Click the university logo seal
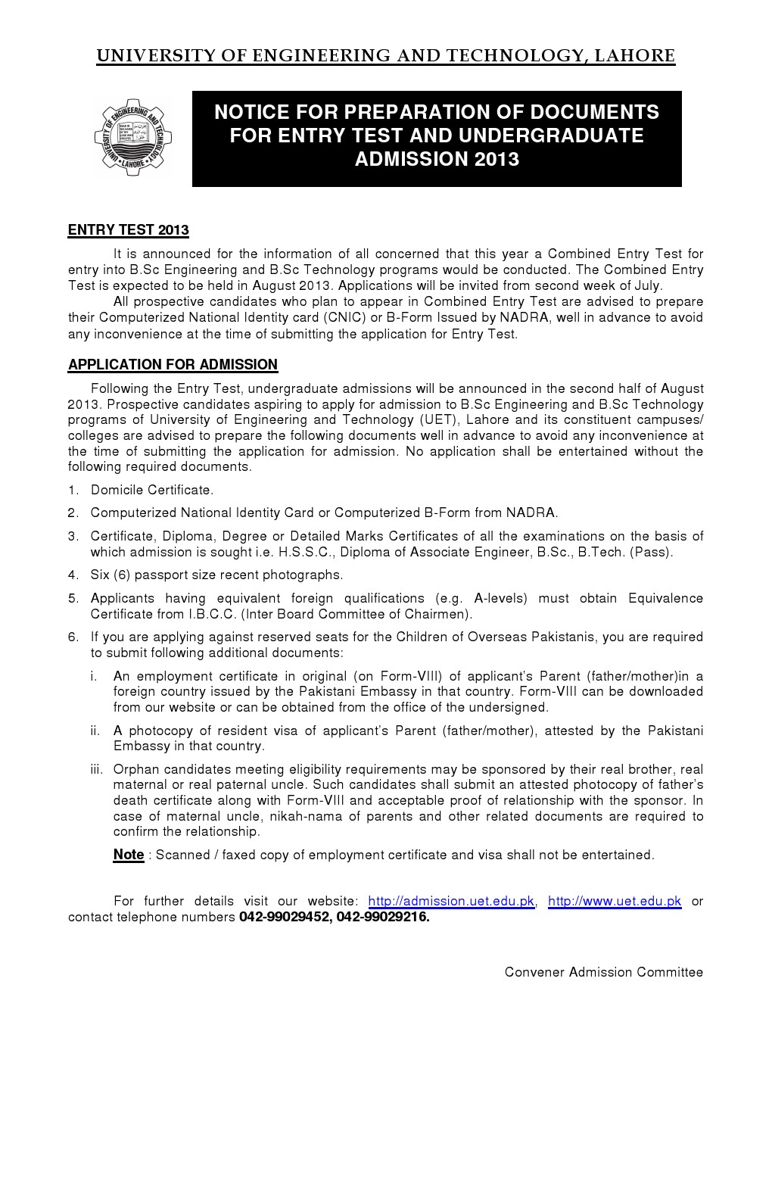coord(133,138)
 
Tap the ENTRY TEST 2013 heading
coord(128,230)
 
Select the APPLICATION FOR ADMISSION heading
coord(173,365)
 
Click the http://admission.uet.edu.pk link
coord(451,901)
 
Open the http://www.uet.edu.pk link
coord(614,901)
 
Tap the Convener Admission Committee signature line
coord(603,972)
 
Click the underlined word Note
coord(128,855)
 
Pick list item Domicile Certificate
coord(151,490)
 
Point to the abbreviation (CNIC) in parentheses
coord(344,317)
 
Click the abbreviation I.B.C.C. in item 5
coord(213,614)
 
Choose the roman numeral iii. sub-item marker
coord(96,769)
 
